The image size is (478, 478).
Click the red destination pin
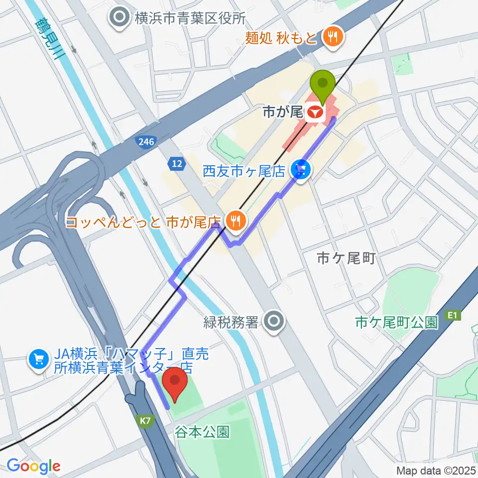(x=175, y=384)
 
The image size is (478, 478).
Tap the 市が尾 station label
(x=289, y=113)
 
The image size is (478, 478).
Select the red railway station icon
(x=314, y=114)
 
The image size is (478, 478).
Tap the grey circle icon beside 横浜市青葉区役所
(x=120, y=19)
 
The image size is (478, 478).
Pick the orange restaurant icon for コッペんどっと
(x=233, y=219)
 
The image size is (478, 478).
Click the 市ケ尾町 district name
(x=345, y=258)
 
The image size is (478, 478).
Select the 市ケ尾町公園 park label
(x=396, y=323)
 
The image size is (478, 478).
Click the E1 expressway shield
(x=452, y=315)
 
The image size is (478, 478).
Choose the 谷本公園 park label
(x=202, y=432)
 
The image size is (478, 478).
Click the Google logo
(x=33, y=466)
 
